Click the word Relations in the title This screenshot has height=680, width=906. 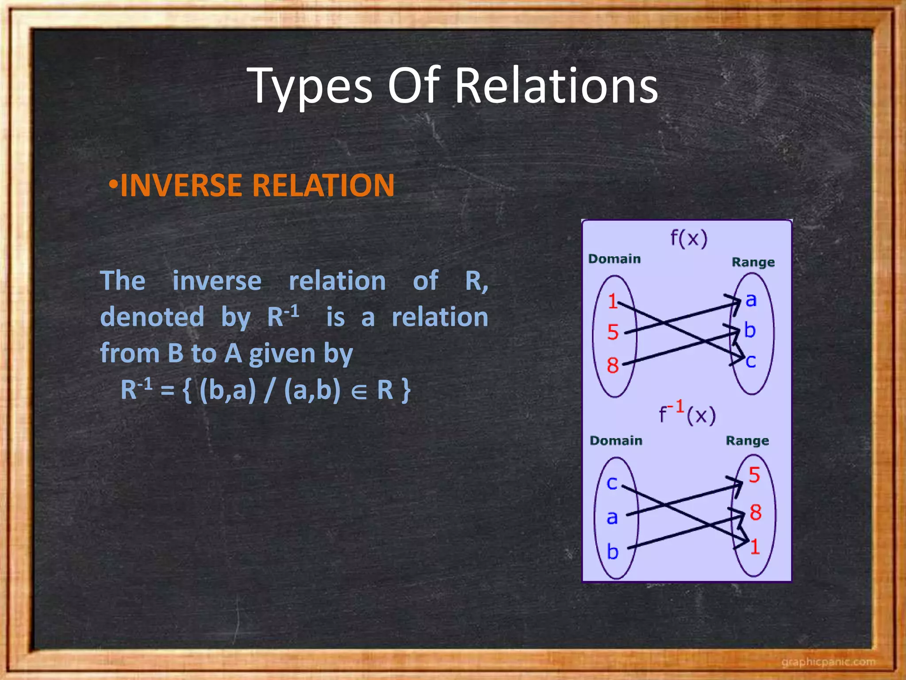pos(557,86)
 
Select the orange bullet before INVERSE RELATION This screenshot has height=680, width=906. pos(113,184)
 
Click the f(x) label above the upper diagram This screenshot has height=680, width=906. pos(689,238)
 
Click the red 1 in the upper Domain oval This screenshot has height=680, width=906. pos(613,301)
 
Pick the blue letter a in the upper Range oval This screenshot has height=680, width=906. pos(751,300)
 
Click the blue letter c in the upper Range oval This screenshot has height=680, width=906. pos(751,361)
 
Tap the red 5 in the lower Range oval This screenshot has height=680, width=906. pos(754,475)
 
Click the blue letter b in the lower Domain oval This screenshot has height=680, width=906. pos(612,552)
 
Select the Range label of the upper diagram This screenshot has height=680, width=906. pos(753,262)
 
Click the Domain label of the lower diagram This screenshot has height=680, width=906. pos(616,440)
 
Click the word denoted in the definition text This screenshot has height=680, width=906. pos(152,317)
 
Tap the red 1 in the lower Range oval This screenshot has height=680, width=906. pos(755,547)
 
